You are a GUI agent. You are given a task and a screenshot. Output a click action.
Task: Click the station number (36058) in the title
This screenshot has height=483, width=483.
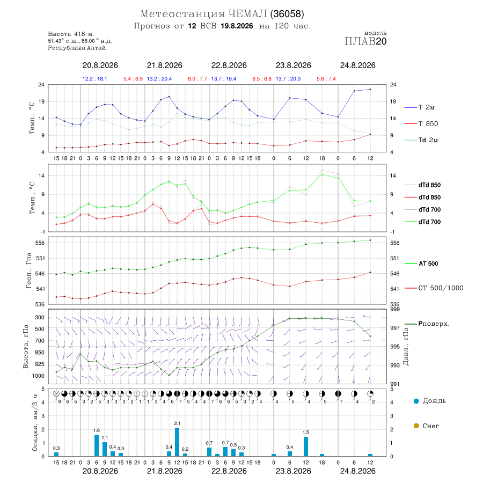coord(287,14)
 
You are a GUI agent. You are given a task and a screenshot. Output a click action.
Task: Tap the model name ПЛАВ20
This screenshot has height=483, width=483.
coord(365,41)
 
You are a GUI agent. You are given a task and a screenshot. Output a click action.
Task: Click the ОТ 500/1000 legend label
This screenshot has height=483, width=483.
coord(434,288)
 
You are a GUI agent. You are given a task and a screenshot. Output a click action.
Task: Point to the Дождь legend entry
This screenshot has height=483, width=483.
coord(430,401)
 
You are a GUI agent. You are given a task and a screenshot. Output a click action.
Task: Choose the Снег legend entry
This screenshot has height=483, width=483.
coord(426,426)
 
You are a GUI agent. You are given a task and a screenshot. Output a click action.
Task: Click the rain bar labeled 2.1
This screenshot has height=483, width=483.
coord(177,442)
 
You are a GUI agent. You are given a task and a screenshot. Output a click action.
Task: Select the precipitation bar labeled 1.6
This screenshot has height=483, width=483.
coord(97,445)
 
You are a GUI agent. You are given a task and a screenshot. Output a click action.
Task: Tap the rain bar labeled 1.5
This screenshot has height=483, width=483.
coord(306,447)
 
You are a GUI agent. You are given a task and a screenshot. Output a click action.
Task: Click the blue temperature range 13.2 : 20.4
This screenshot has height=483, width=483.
coord(159,79)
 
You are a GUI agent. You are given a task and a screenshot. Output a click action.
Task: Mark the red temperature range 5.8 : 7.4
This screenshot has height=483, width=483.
coord(326,79)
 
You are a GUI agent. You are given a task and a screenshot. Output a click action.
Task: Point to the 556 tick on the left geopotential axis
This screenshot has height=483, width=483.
coord(40,243)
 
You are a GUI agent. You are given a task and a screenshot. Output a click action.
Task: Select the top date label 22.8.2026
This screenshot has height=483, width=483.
coord(229,65)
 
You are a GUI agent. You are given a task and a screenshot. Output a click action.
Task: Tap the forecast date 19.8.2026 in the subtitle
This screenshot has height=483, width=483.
coord(237,26)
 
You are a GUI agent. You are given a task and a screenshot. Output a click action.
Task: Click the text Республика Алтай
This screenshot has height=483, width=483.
coord(77,48)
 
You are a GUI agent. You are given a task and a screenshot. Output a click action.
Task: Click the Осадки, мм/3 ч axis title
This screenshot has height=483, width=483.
coord(35,423)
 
